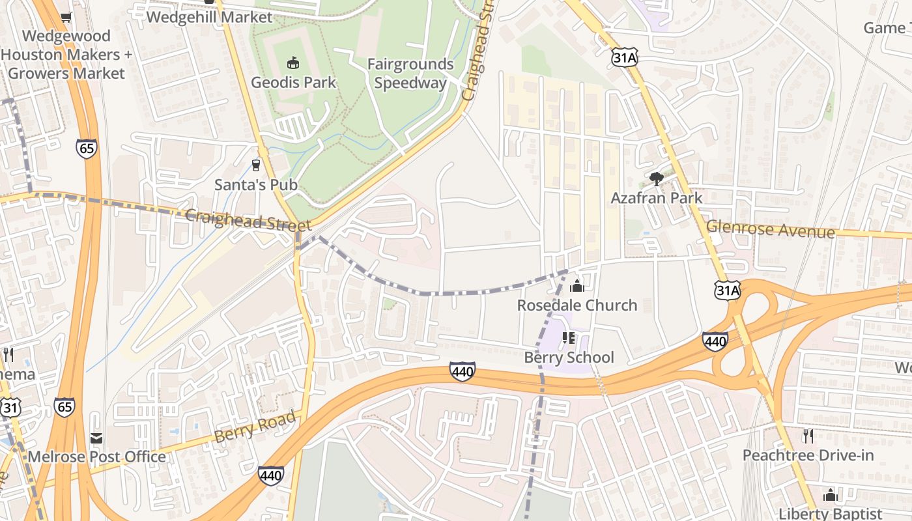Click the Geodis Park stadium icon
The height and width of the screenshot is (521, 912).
[x=293, y=63]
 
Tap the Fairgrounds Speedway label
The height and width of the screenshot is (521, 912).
[x=410, y=74]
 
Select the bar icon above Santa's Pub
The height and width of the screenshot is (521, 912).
[x=256, y=165]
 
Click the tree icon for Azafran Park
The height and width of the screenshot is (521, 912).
[x=656, y=178]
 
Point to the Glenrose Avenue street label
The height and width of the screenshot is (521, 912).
[x=771, y=229]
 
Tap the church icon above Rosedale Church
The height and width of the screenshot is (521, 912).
[x=577, y=285]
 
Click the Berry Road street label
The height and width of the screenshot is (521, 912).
[x=255, y=427]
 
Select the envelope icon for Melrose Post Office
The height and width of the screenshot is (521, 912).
[x=96, y=438]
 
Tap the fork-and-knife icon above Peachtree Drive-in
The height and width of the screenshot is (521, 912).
[x=808, y=436]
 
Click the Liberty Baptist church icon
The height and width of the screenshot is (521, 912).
[x=830, y=495]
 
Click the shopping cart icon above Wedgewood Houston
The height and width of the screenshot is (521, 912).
[x=65, y=17]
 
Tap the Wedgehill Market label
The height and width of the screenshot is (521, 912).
[x=209, y=17]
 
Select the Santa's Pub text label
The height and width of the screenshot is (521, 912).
[x=256, y=185]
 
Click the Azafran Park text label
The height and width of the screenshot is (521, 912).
[x=657, y=198]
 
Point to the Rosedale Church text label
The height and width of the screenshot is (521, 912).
[x=577, y=305]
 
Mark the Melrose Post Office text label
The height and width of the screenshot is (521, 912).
[x=96, y=457]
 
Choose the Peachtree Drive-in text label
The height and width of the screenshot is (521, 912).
[x=808, y=455]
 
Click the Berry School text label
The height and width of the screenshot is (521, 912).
[x=569, y=357]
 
